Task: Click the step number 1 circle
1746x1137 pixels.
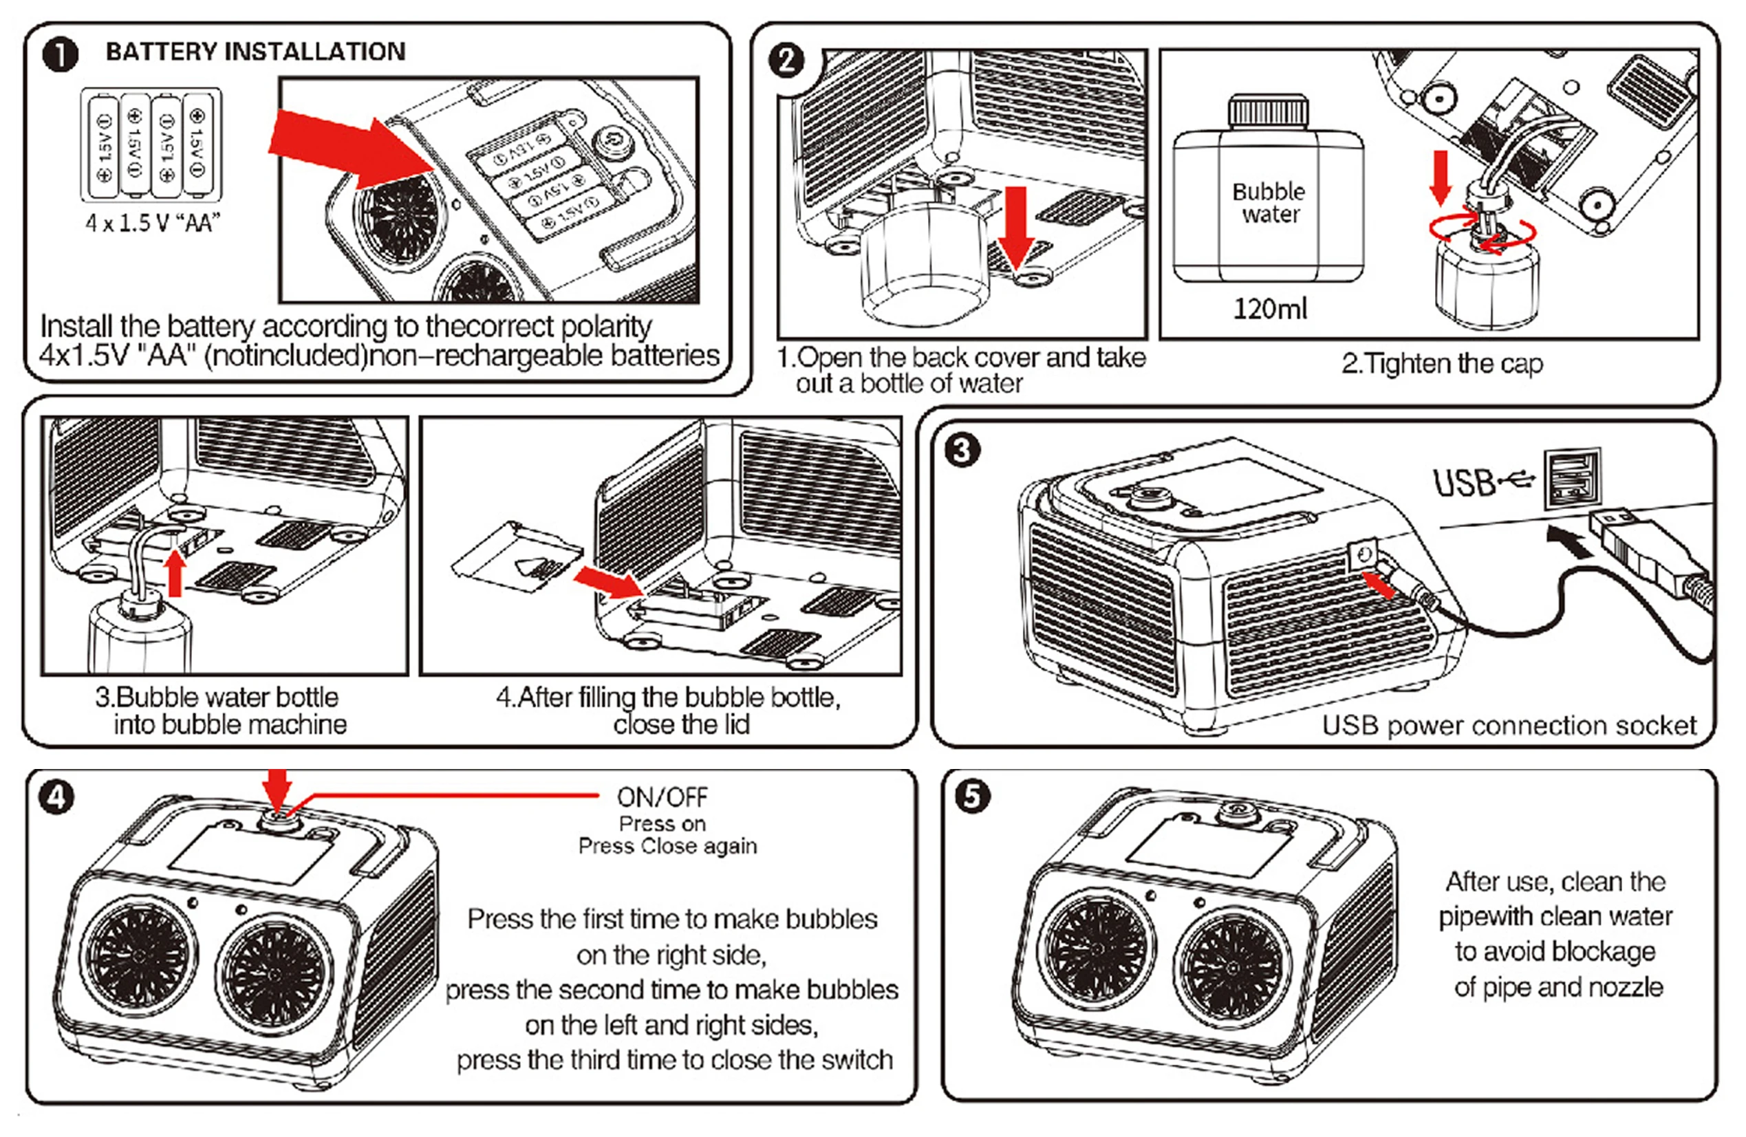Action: coord(60,55)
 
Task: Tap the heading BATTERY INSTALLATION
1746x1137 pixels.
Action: coord(255,52)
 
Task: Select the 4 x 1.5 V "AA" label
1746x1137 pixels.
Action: coord(153,222)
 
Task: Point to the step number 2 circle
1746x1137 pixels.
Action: coord(786,60)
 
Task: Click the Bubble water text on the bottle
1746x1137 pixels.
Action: coord(1269,202)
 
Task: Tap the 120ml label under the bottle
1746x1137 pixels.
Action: coord(1270,309)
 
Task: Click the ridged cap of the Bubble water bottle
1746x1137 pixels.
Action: coord(1269,111)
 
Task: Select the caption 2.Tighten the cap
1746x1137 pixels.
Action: coord(1441,363)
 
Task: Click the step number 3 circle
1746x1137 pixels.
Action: coord(962,450)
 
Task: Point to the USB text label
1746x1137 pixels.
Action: coord(1463,483)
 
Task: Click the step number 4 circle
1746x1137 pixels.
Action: coord(56,797)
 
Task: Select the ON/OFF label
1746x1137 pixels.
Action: coord(662,797)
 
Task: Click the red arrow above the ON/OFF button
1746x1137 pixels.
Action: coord(277,788)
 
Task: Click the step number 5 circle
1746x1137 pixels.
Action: coord(972,796)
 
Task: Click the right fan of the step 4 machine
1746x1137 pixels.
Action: coord(273,973)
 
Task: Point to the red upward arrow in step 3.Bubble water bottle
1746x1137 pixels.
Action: coord(175,572)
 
